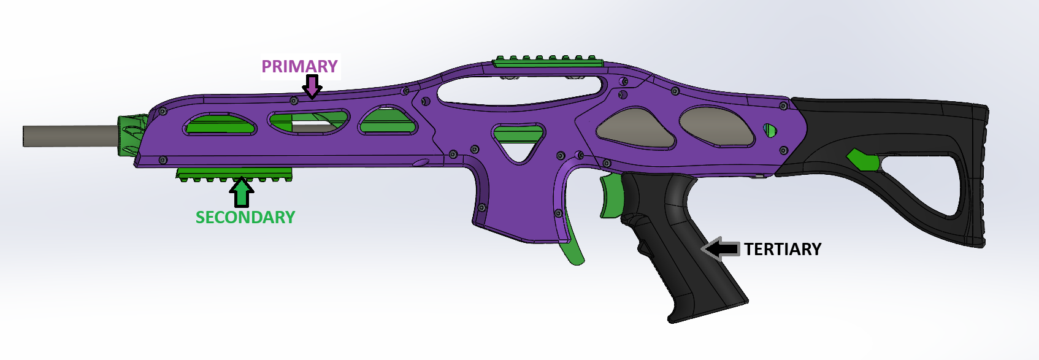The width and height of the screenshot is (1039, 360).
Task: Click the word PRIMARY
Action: (x=300, y=66)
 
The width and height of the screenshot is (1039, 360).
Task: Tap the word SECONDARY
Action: (x=245, y=217)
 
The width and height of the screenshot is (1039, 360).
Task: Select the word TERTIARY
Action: (x=783, y=249)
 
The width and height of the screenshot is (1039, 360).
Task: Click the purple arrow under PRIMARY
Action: (x=312, y=86)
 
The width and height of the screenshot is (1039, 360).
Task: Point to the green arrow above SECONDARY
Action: (x=241, y=192)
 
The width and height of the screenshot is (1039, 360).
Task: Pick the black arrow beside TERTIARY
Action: (x=720, y=249)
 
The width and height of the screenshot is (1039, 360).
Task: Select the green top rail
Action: (x=548, y=62)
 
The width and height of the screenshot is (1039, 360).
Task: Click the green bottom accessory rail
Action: (x=235, y=174)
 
